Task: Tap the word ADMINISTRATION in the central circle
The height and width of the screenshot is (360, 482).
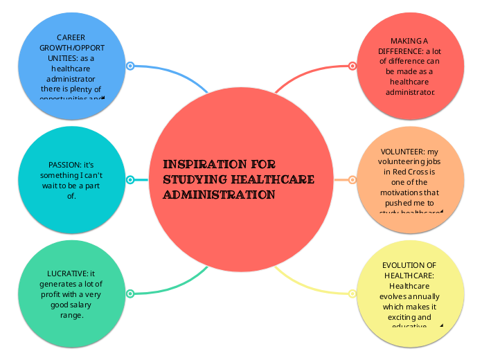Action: tap(219, 195)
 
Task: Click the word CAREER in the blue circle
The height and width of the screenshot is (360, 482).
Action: tap(71, 37)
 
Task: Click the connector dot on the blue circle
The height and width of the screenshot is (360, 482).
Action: tap(130, 66)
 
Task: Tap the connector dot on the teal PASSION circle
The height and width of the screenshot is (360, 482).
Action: tap(130, 180)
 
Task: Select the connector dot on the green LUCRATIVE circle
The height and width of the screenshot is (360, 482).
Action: tap(130, 294)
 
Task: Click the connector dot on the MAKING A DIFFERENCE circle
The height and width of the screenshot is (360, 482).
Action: tap(352, 66)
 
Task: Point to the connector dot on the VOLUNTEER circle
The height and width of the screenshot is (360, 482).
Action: tap(352, 180)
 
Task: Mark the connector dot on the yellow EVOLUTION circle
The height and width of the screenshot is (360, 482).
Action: tap(352, 294)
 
